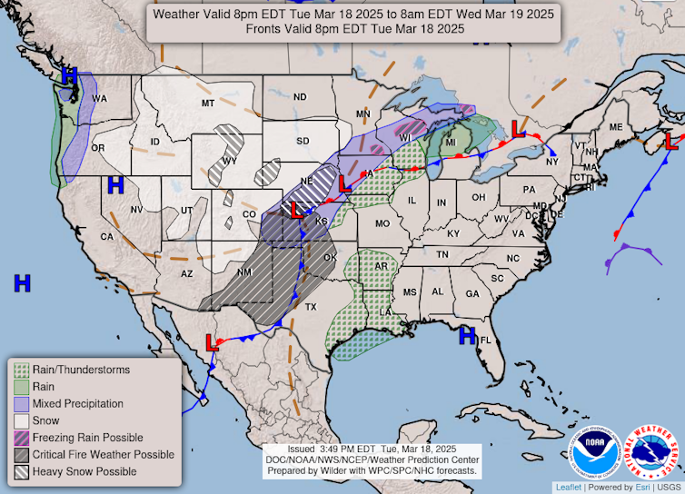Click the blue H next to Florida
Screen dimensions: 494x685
coord(467,336)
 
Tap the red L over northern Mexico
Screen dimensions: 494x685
coord(212,343)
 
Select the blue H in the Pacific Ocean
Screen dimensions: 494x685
coord(23,283)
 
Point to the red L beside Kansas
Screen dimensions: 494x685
coord(296,211)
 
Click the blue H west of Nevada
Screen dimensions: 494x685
coord(115,186)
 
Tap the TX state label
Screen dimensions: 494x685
coord(311,307)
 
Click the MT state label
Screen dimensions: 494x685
coord(207,104)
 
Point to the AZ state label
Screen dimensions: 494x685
coord(187,273)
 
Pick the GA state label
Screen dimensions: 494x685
coord(472,294)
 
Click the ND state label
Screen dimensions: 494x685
coord(299,97)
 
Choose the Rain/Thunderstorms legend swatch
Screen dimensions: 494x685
coord(20,370)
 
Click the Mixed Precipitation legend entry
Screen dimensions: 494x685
coord(77,403)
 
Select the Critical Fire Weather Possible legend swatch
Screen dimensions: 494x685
coord(20,454)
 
